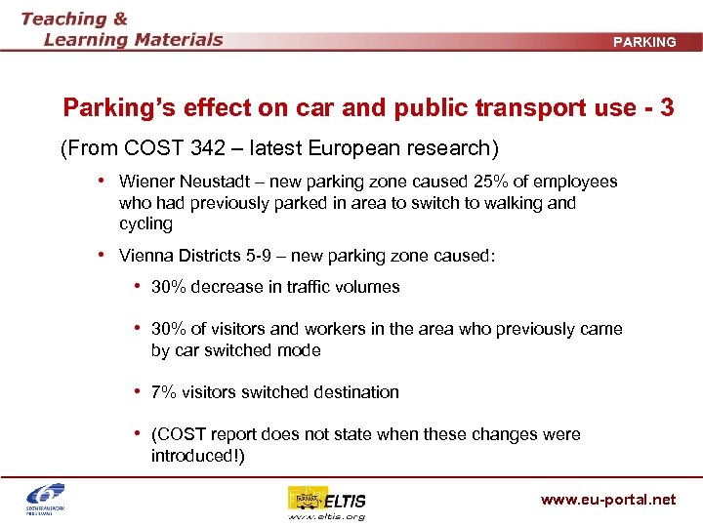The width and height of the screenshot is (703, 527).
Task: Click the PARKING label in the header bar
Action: [644, 42]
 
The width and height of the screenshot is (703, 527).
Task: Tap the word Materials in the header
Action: [176, 40]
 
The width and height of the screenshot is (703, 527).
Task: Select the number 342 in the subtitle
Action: [227, 149]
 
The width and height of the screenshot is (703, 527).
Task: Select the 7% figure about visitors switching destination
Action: [163, 392]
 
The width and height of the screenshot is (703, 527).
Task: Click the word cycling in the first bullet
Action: [145, 224]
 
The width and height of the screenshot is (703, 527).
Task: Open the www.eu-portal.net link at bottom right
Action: [608, 500]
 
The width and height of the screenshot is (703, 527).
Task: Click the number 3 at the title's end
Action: [666, 107]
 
